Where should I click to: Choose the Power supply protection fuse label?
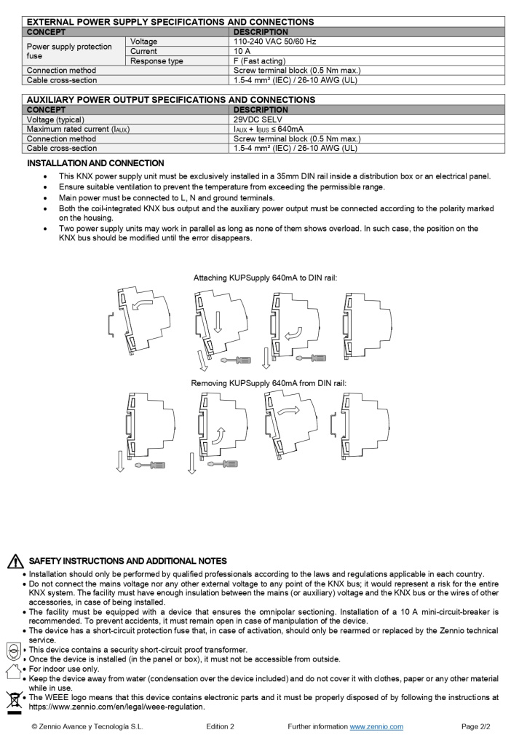pos(69,51)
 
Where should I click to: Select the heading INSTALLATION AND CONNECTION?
pos(95,163)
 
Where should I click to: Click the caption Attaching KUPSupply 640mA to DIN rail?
pos(265,278)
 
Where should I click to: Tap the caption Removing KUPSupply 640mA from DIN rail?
pos(269,383)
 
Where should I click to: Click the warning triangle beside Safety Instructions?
pos(15,562)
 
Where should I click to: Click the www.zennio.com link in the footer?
pos(376,726)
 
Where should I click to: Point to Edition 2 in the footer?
pos(220,726)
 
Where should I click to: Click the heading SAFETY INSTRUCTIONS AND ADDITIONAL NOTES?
pos(127,561)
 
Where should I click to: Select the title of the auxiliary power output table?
pos(170,100)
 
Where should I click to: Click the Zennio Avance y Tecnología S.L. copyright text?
pos(87,726)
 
